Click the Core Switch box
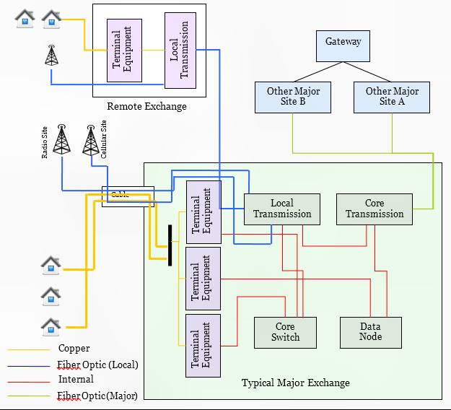pyautogui.click(x=285, y=332)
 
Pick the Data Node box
pyautogui.click(x=370, y=332)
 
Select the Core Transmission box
pyautogui.click(x=375, y=209)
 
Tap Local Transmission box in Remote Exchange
pyautogui.click(x=180, y=51)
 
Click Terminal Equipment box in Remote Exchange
pyautogui.click(x=124, y=51)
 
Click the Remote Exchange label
pyautogui.click(x=146, y=107)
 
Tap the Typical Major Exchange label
pyautogui.click(x=295, y=383)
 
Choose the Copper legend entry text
pyautogui.click(x=74, y=349)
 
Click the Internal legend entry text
pyautogui.click(x=76, y=379)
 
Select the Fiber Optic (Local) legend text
pyautogui.click(x=97, y=365)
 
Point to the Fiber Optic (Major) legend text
pyautogui.click(x=97, y=395)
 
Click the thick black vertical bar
pyautogui.click(x=170, y=245)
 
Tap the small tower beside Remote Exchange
pyautogui.click(x=51, y=56)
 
